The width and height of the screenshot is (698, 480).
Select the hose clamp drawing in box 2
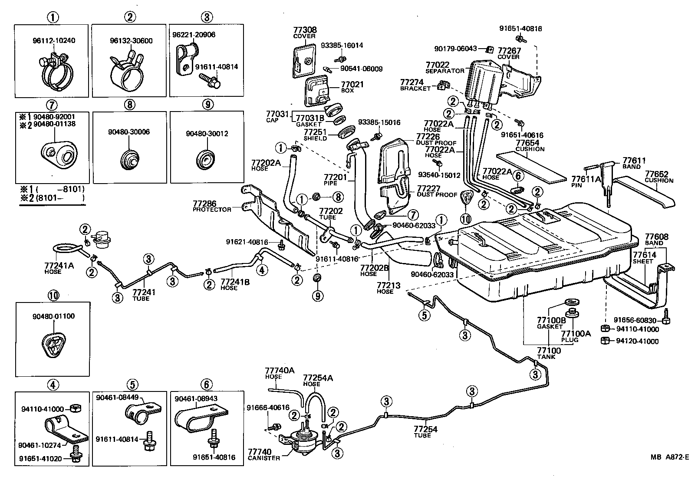pyautogui.click(x=126, y=72)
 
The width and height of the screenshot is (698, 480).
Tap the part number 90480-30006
pyautogui.click(x=129, y=132)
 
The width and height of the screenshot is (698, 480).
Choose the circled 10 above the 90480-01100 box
pyautogui.click(x=53, y=296)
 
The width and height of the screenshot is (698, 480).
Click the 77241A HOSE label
pyautogui.click(x=59, y=268)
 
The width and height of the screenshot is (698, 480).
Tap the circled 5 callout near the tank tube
pyautogui.click(x=424, y=315)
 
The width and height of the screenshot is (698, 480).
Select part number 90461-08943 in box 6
pyautogui.click(x=196, y=398)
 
